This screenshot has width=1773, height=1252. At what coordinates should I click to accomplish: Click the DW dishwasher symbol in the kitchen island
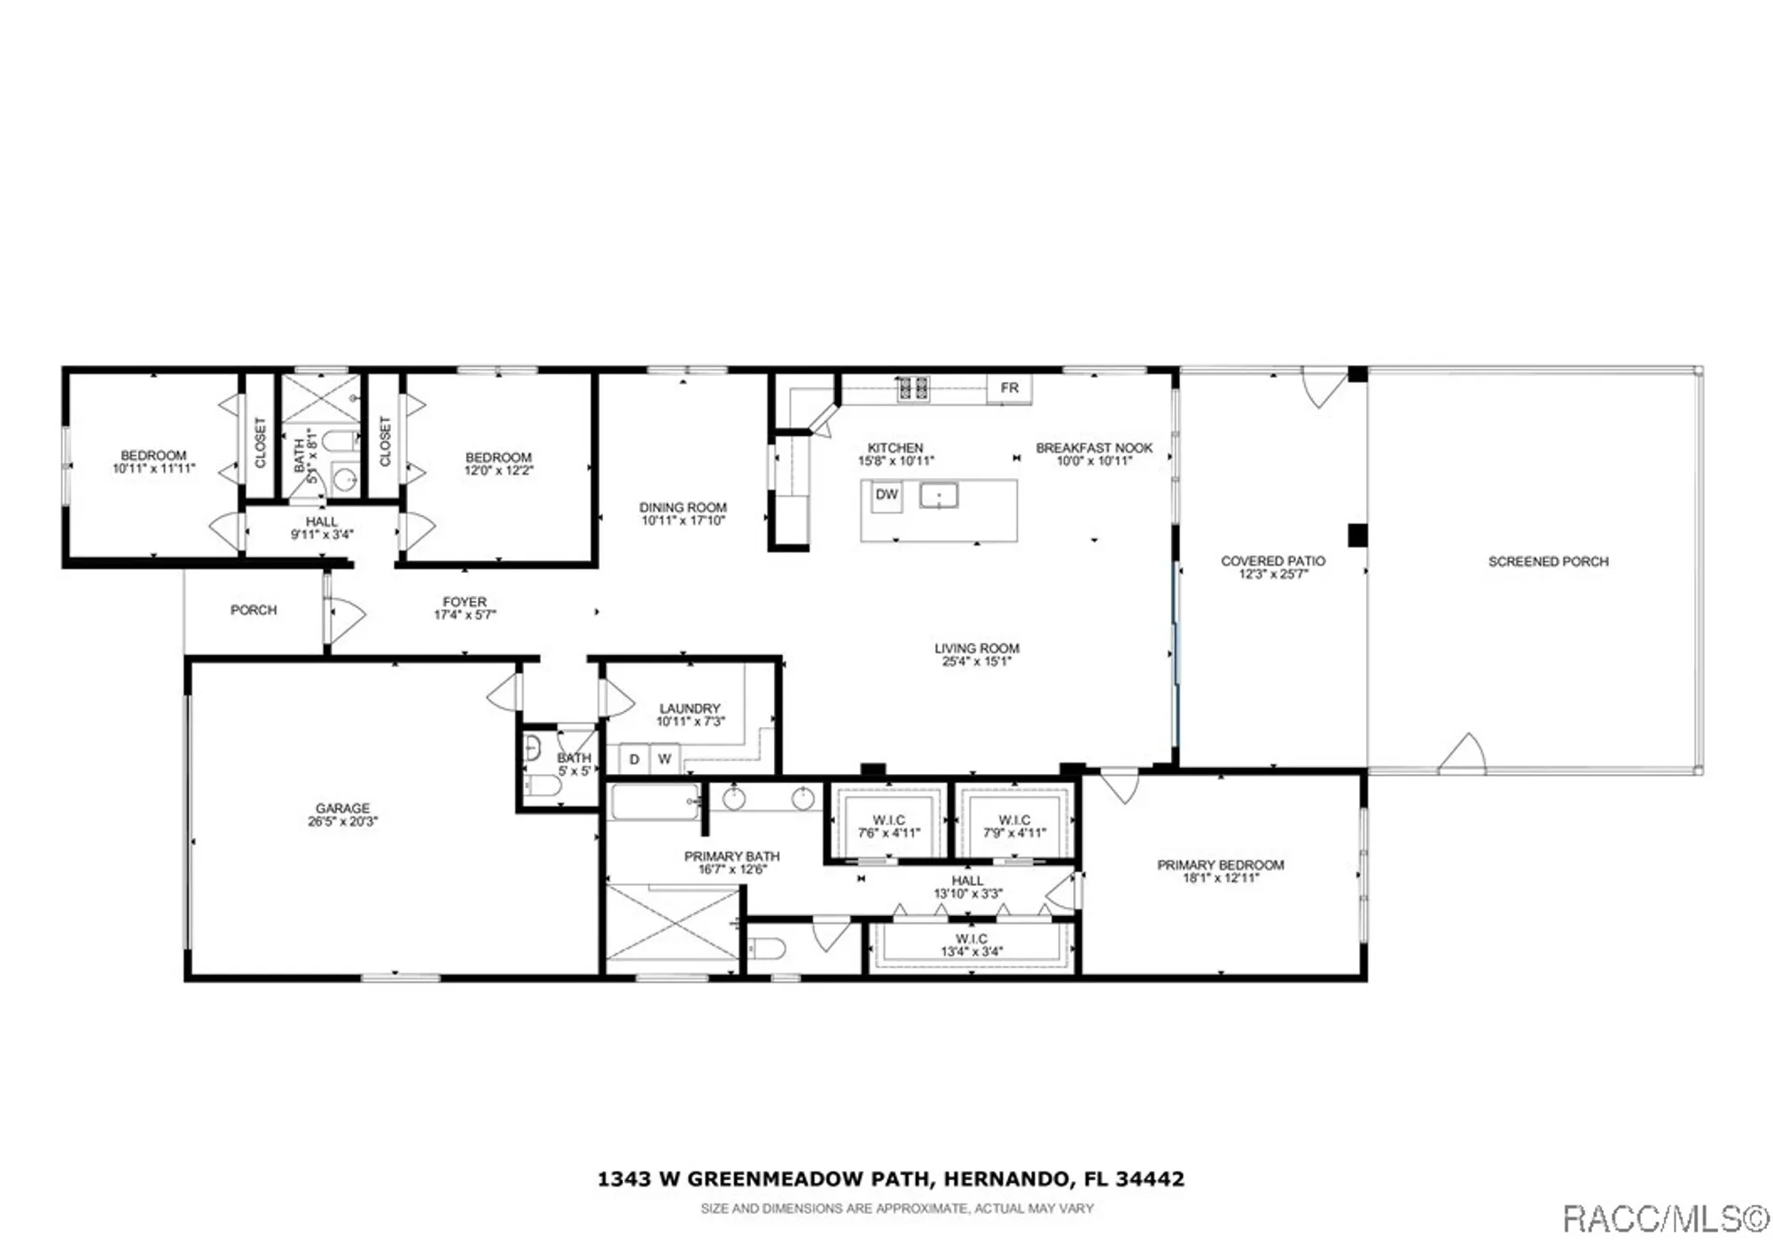[x=886, y=496]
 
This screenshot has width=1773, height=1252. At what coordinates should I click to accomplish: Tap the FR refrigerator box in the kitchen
[x=1009, y=388]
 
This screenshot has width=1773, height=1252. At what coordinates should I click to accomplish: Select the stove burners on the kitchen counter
[x=913, y=387]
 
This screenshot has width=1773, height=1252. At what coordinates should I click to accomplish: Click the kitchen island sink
[x=938, y=496]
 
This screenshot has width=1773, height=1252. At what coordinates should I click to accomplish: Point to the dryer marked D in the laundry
[x=634, y=760]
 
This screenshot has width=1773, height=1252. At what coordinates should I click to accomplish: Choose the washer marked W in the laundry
[x=664, y=760]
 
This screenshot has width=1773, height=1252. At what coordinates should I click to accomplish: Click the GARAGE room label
[x=342, y=809]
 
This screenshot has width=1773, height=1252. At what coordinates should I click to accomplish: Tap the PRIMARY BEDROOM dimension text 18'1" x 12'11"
[x=1220, y=879]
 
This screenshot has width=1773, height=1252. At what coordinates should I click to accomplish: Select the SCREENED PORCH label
[x=1548, y=561]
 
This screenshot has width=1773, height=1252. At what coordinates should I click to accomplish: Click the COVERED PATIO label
[x=1273, y=561]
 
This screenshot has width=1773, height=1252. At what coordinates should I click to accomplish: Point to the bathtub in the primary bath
[x=654, y=802]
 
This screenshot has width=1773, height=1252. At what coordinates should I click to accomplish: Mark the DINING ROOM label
[x=683, y=508]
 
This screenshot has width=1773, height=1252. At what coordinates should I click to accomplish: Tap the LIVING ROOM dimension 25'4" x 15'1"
[x=976, y=661]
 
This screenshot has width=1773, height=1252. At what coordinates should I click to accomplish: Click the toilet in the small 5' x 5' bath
[x=540, y=786]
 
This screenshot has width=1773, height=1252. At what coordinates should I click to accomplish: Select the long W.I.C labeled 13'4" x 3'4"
[x=972, y=945]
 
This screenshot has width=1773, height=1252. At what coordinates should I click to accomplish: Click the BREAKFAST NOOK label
[x=1094, y=449]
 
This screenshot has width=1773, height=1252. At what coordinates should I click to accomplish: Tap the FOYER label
[x=465, y=602]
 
